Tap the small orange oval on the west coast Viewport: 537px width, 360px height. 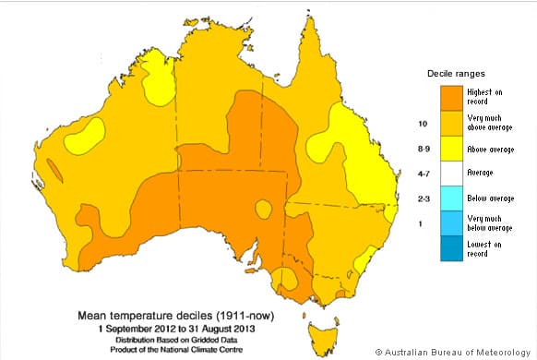[x=53, y=170]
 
